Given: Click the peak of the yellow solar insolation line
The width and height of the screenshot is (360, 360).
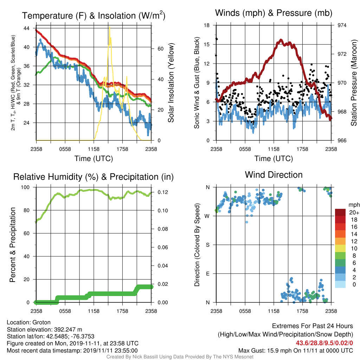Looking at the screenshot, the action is click(110, 27).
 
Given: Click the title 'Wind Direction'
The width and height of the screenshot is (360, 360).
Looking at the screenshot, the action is click(274, 175).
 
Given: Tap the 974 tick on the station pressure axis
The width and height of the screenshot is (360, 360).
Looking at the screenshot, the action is click(342, 25).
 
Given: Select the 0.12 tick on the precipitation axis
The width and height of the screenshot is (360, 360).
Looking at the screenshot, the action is click(162, 192).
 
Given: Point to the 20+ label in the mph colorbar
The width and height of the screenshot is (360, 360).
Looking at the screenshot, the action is click(354, 212).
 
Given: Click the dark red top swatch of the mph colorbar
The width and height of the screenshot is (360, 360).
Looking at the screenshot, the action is click(340, 212).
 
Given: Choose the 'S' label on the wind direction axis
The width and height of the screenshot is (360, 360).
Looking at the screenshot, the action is click(207, 245).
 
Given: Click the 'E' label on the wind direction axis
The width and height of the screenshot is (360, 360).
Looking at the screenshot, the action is click(208, 274).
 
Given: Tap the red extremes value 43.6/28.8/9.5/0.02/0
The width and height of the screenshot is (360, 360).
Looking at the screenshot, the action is click(324, 343).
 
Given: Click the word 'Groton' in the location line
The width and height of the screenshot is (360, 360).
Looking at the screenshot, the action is click(41, 322).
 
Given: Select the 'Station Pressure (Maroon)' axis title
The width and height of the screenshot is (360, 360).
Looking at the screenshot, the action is click(354, 83).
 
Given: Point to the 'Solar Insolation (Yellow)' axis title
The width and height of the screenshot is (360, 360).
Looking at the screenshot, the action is click(171, 83).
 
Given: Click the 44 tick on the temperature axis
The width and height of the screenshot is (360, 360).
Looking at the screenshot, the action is click(26, 28).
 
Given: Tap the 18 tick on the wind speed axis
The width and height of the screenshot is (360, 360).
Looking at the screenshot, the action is click(207, 25).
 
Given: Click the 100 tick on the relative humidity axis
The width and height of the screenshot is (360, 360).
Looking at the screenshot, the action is click(25, 187).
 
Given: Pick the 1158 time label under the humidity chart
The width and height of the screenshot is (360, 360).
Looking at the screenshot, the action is click(94, 311).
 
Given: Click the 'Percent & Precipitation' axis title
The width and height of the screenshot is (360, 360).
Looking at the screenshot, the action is click(12, 245).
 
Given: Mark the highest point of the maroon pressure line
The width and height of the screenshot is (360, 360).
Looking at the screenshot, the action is click(281, 40).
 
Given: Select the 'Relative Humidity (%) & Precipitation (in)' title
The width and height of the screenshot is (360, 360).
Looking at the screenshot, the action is click(94, 177).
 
